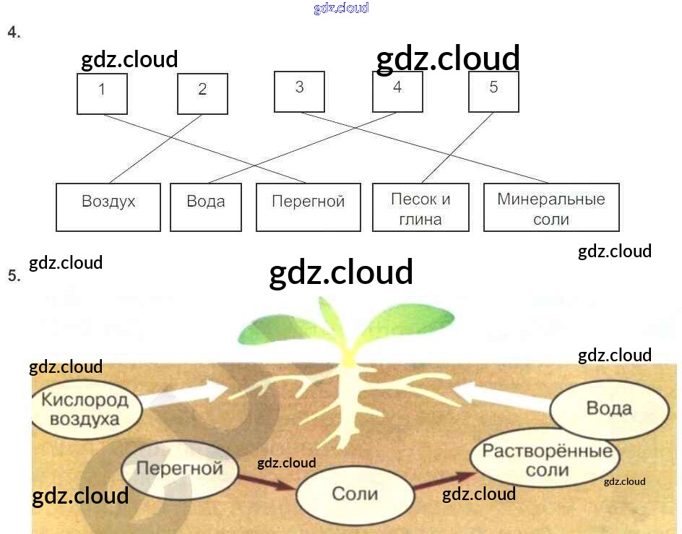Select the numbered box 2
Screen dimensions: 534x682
(202, 93)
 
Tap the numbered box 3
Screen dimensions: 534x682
(299, 90)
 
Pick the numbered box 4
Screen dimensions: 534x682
(397, 90)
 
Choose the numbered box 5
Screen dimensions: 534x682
(493, 90)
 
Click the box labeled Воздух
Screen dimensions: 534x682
(108, 207)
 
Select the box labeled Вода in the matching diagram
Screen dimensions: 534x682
(206, 207)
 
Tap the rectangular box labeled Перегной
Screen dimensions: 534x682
(308, 207)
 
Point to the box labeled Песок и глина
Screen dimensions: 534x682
(420, 208)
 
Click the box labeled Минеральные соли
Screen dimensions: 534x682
(551, 208)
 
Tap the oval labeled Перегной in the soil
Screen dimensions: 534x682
(179, 468)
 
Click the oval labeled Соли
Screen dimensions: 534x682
(355, 495)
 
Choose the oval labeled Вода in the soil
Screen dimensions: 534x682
(608, 408)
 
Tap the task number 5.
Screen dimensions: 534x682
(13, 275)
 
